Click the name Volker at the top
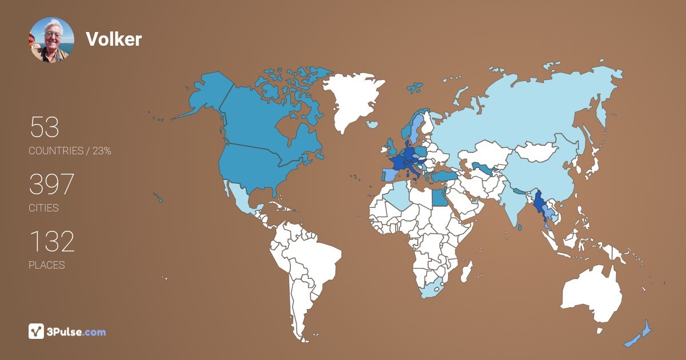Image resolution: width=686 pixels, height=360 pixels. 113,39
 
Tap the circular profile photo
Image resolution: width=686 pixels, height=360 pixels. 51,39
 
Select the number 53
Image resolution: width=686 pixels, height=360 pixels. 44,127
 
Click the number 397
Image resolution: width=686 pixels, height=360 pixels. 51,185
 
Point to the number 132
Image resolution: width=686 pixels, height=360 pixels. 51,242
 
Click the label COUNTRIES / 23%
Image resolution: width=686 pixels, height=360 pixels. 70,151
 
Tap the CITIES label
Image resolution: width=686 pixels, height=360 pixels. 43,208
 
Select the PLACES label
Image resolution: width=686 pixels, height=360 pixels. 46,265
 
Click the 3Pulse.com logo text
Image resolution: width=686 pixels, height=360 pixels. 77,331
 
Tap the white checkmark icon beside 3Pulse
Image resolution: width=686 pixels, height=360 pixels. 36,331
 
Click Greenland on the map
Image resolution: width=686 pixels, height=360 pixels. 350,97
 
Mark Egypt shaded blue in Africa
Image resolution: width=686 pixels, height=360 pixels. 438,198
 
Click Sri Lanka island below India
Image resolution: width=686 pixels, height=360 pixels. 519,227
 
